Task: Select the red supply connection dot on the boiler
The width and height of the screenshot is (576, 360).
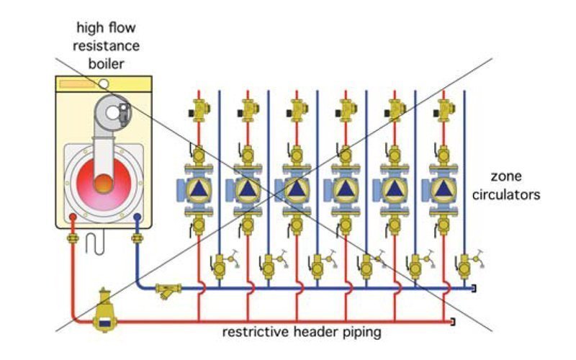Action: pyautogui.click(x=72, y=215)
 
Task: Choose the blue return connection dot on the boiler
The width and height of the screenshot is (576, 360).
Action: pyautogui.click(x=135, y=215)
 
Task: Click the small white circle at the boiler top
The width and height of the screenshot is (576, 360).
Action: pyautogui.click(x=104, y=84)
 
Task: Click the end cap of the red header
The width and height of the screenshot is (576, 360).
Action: pyautogui.click(x=451, y=320)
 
